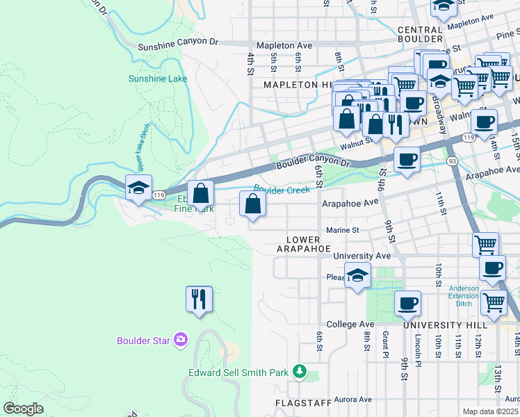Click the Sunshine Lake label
(x=158, y=79)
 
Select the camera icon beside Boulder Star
(x=181, y=340)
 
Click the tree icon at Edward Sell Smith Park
(x=299, y=372)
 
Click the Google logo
(x=24, y=408)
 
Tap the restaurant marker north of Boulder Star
(x=199, y=300)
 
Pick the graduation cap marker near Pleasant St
(x=357, y=275)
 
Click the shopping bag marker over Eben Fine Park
(x=201, y=194)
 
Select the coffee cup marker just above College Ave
(x=408, y=304)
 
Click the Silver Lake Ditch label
(x=144, y=157)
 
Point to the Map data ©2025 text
(x=491, y=411)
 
